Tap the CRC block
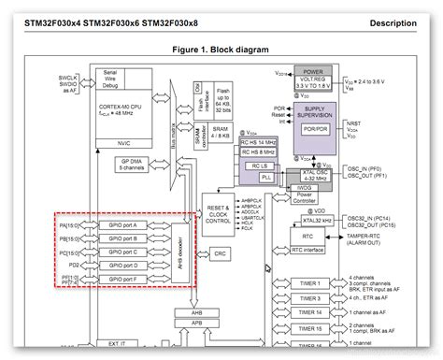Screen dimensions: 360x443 219,253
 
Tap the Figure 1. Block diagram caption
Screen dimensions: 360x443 221,46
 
